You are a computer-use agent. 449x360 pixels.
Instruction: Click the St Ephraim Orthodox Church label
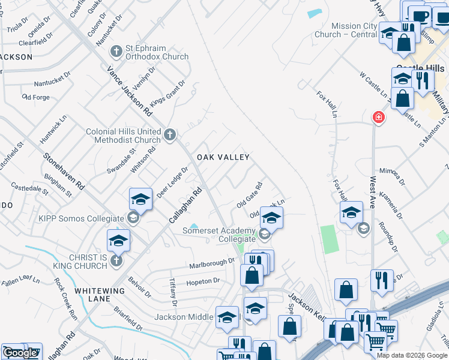click(157, 53)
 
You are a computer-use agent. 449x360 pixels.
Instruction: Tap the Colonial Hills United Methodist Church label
click(123, 136)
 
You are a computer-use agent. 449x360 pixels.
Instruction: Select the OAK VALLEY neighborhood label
click(223, 157)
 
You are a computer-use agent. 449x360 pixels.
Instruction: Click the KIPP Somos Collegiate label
click(81, 218)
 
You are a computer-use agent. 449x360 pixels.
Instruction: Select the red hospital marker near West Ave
click(378, 117)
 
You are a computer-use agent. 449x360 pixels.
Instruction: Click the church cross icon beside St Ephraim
click(115, 52)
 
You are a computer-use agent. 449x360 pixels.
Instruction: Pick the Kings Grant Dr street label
click(167, 95)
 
